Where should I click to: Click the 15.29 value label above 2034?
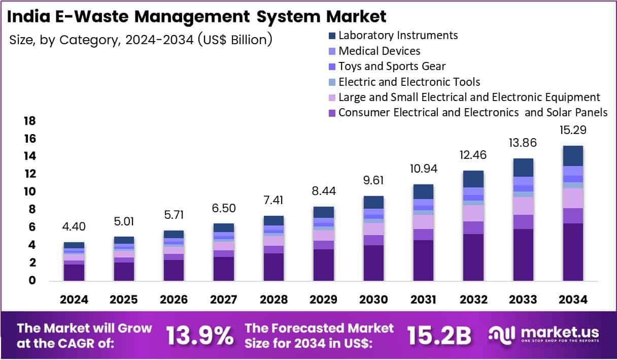[x=572, y=130]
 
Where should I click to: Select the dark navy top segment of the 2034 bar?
[x=572, y=155]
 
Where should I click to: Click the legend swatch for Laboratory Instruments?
[x=332, y=36]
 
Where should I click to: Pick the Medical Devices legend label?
[x=379, y=51]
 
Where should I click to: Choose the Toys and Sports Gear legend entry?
[x=392, y=66]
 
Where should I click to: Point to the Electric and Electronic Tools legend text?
[x=409, y=81]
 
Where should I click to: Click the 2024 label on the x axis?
[x=74, y=300]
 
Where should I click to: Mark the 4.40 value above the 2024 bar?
[x=74, y=226]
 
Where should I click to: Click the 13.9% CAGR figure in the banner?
[x=200, y=336]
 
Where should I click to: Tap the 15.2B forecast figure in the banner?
[x=439, y=336]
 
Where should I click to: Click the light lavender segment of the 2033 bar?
[x=523, y=206]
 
